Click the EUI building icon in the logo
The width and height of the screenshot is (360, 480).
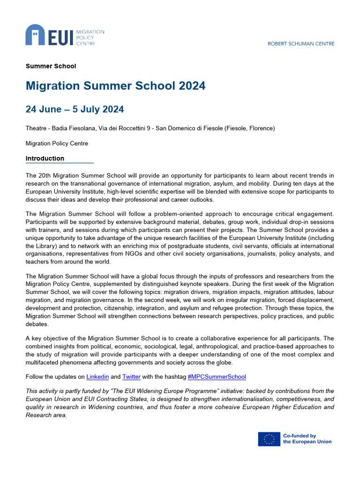pyautogui.click(x=35, y=36)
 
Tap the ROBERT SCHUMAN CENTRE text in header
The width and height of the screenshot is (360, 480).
pyautogui.click(x=301, y=44)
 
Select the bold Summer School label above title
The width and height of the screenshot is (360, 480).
pyautogui.click(x=51, y=66)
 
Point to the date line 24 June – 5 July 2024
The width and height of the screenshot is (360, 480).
pyautogui.click(x=75, y=109)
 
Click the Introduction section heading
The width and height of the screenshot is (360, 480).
pyautogui.click(x=45, y=158)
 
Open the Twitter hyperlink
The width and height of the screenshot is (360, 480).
pyautogui.click(x=131, y=376)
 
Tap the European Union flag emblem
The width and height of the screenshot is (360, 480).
pyautogui.click(x=269, y=439)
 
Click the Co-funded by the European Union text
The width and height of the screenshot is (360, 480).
pyautogui.click(x=307, y=439)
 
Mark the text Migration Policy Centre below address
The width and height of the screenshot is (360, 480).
pyautogui.click(x=57, y=143)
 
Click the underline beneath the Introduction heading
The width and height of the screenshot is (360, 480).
pyautogui.click(x=60, y=163)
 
